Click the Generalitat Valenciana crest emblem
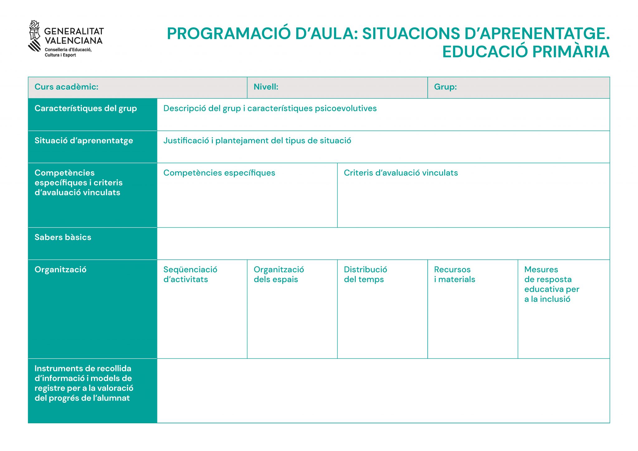(x=35, y=36)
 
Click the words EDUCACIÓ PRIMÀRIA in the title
(x=526, y=52)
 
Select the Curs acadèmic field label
(x=66, y=87)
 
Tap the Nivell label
(x=266, y=87)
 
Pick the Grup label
(x=445, y=87)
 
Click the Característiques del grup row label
(x=86, y=108)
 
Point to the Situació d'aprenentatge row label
(x=83, y=141)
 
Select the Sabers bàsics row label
(x=63, y=237)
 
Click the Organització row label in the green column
(x=60, y=270)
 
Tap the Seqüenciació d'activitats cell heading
(x=190, y=274)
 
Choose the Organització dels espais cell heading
(x=279, y=274)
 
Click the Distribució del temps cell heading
(x=365, y=274)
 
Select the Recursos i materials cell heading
(x=454, y=274)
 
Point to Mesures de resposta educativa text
(x=551, y=284)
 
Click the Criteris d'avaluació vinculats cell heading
(x=401, y=173)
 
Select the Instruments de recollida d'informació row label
(x=83, y=383)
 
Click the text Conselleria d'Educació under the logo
(x=68, y=50)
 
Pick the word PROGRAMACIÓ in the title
(x=229, y=34)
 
